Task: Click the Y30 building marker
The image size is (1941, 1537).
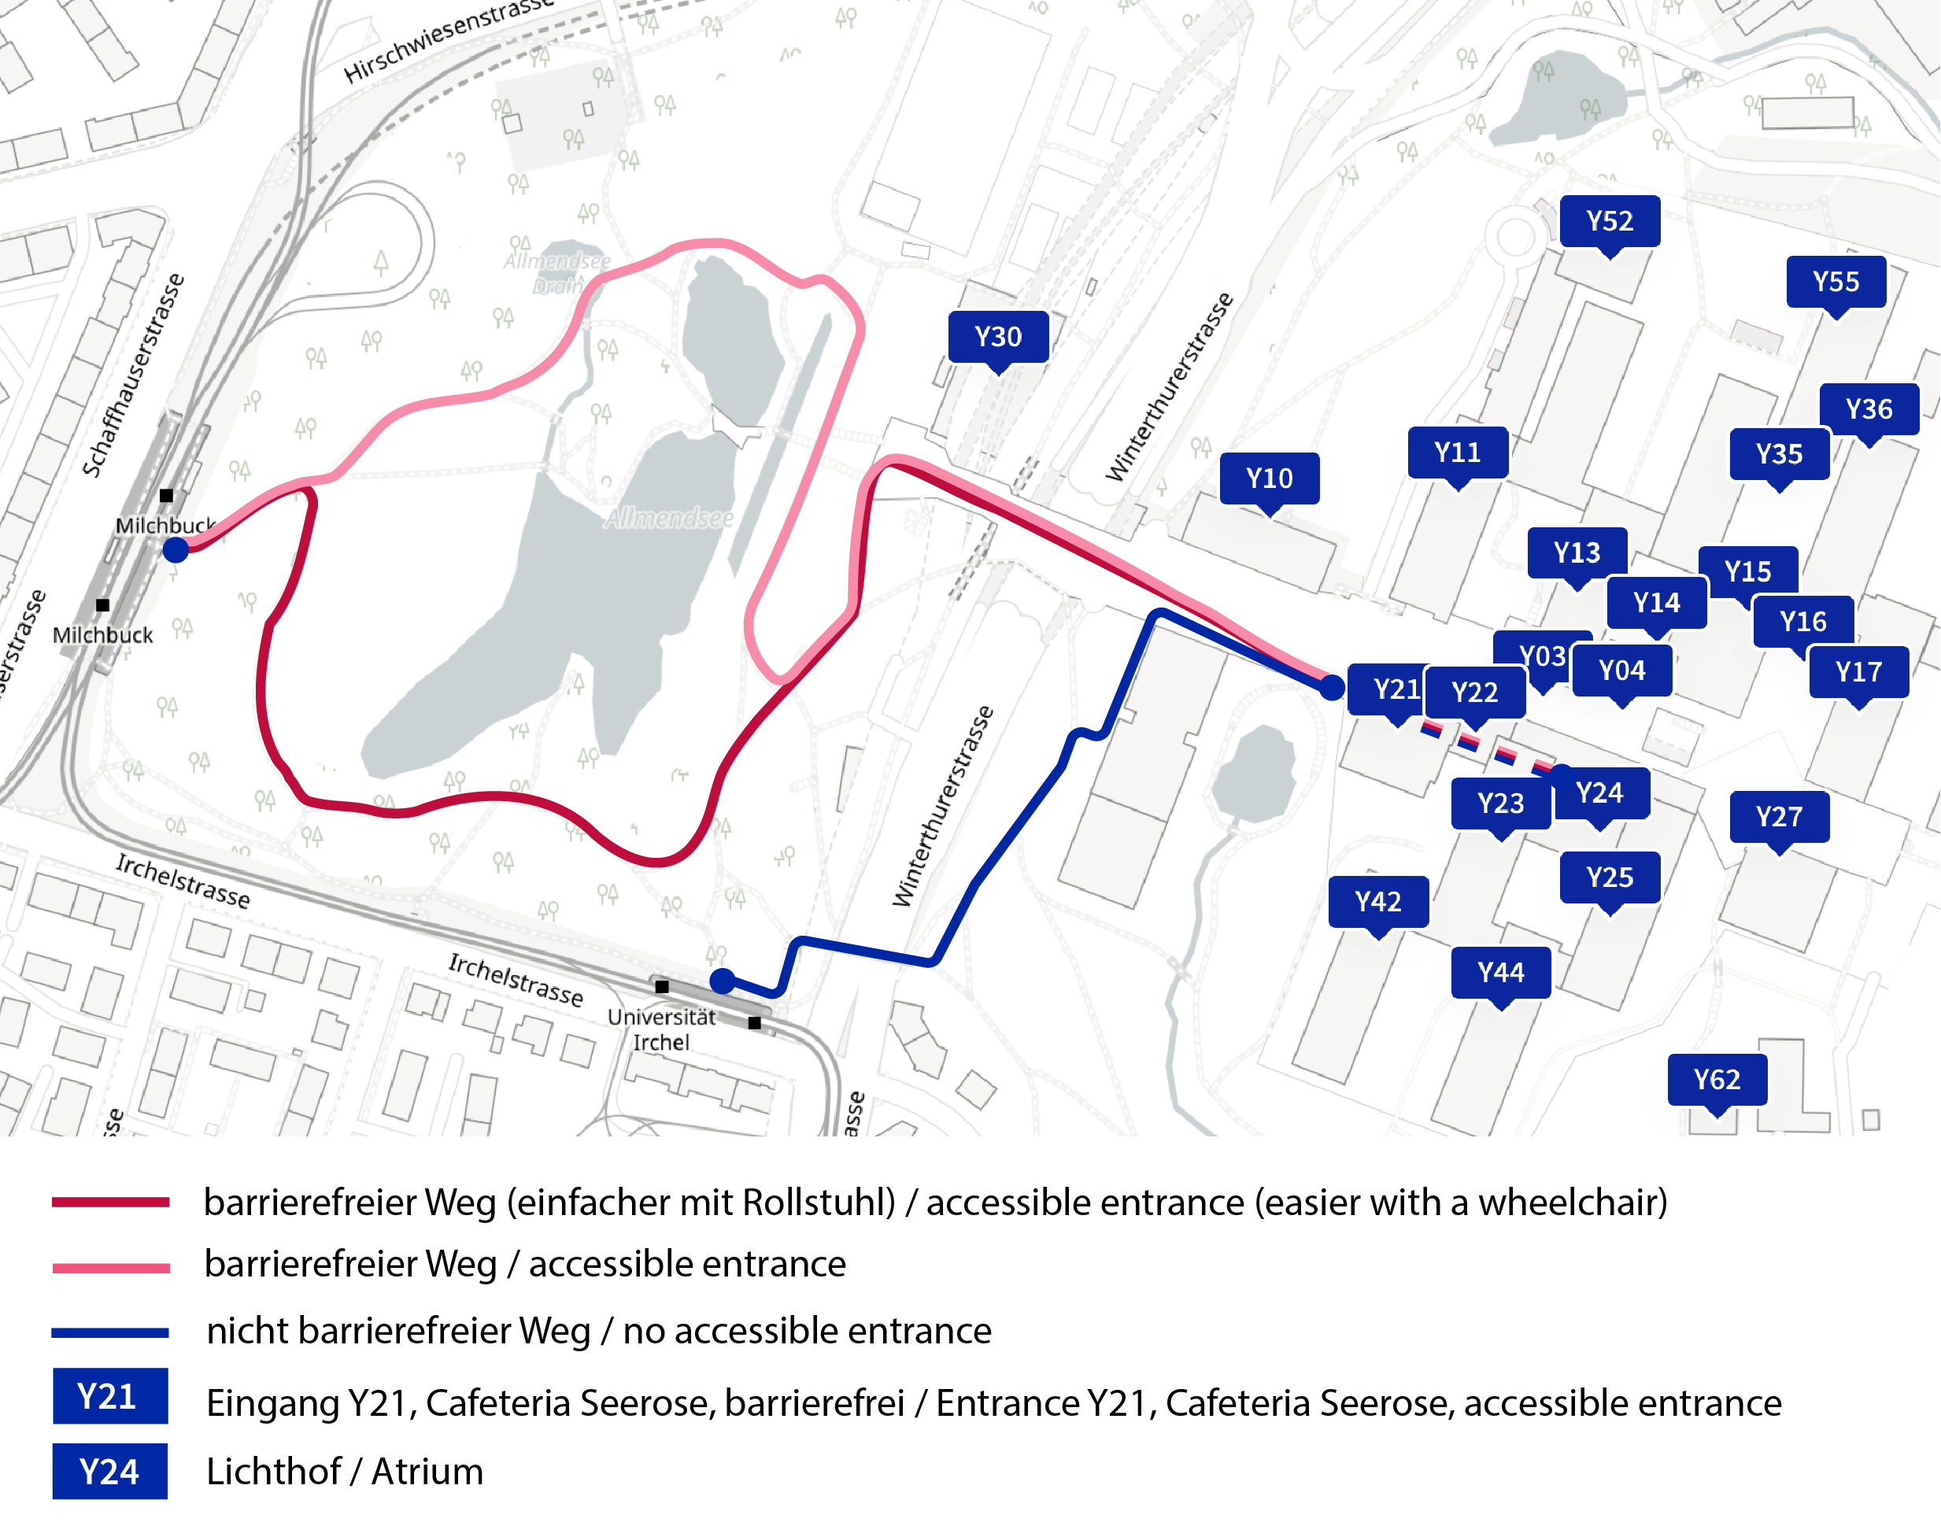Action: click(x=998, y=337)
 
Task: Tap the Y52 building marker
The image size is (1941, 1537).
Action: click(x=1609, y=220)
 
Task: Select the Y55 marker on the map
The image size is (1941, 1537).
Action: click(x=1835, y=282)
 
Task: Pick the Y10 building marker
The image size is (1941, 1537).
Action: click(x=1269, y=478)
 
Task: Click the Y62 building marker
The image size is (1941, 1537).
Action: click(x=1716, y=1079)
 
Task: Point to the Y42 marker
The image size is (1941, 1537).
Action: click(x=1377, y=901)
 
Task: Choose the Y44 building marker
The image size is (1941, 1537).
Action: click(x=1500, y=972)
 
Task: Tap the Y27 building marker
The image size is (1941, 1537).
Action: click(x=1778, y=816)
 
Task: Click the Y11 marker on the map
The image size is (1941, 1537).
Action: click(x=1457, y=452)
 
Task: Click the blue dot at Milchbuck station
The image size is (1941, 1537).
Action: click(x=176, y=549)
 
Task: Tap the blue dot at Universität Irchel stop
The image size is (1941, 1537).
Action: click(x=722, y=980)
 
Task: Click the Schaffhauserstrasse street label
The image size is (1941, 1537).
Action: click(x=132, y=375)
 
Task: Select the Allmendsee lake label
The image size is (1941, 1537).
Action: click(x=668, y=517)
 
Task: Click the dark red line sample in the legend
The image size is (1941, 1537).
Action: click(x=111, y=1203)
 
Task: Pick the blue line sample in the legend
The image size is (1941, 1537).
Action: click(x=111, y=1332)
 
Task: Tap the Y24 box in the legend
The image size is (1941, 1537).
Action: click(x=109, y=1472)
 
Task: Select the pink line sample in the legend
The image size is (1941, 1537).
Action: click(x=111, y=1268)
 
